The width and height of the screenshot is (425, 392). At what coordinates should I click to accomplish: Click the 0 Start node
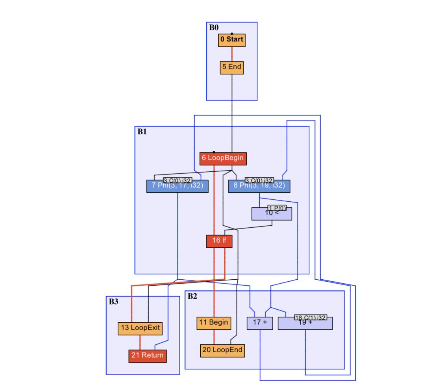pos(232,40)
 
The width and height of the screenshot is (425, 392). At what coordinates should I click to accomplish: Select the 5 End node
pos(231,67)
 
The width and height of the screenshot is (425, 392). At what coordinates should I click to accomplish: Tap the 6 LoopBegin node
pos(223,158)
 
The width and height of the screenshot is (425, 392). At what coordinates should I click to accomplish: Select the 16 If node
pos(219,241)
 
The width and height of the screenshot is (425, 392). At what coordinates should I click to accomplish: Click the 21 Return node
pos(148,355)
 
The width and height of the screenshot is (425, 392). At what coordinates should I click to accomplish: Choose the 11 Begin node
pos(214,323)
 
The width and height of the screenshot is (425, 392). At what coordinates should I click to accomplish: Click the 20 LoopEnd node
pos(222,350)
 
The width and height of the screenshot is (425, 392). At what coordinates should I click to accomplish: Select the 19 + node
pos(305,324)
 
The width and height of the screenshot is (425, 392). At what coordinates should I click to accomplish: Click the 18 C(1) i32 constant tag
pos(311,318)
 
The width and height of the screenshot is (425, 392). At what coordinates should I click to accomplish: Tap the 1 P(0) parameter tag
pos(277,208)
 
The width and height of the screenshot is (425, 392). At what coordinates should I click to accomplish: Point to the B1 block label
pos(142,132)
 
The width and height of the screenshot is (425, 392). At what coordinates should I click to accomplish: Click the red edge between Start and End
pos(232,54)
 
